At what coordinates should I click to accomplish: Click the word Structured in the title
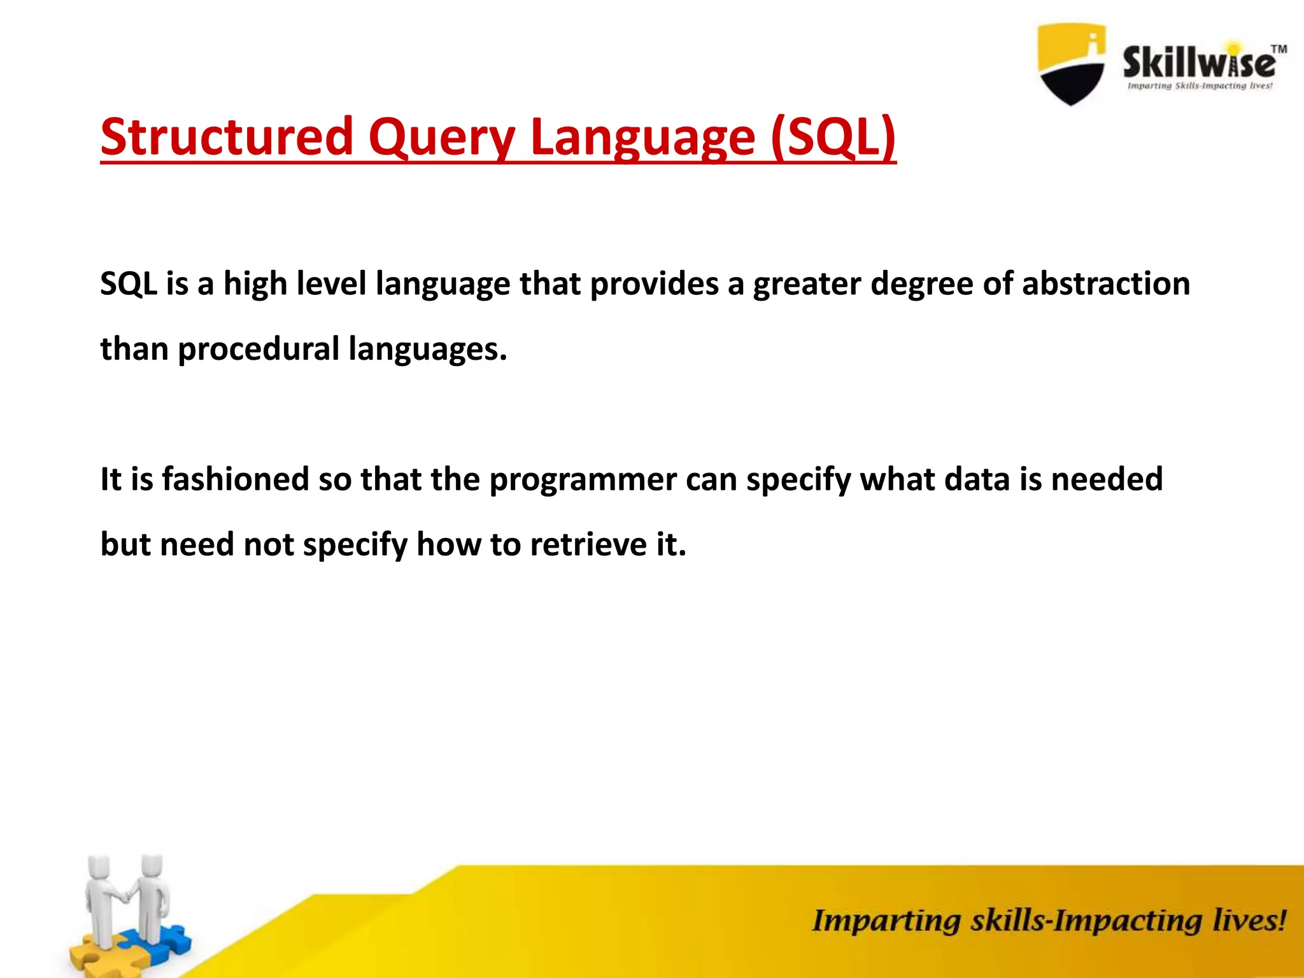[227, 136]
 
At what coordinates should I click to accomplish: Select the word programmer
[583, 480]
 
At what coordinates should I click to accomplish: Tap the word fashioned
[236, 479]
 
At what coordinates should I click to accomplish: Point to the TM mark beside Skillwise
[1279, 49]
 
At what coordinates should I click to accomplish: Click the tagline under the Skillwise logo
[1200, 86]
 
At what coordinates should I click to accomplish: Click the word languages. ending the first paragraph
[427, 350]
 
